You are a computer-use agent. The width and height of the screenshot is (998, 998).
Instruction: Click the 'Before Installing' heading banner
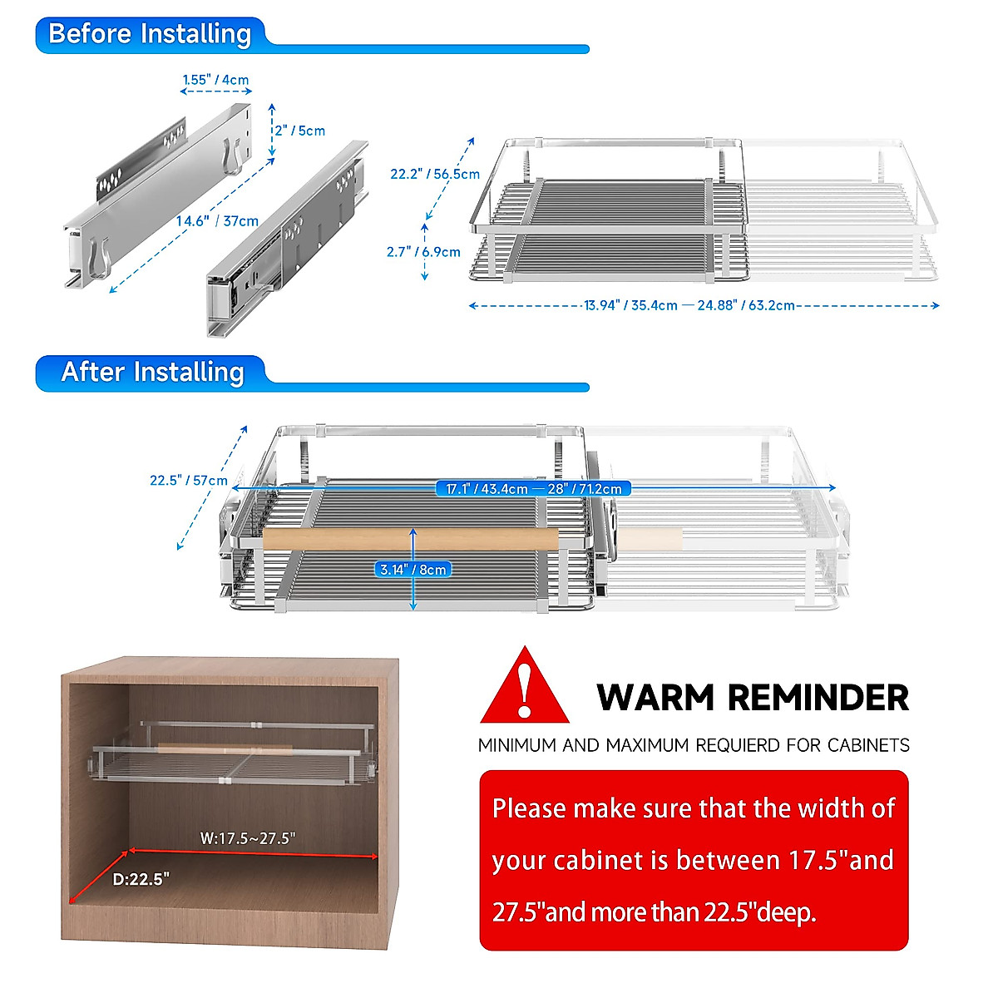pyautogui.click(x=150, y=35)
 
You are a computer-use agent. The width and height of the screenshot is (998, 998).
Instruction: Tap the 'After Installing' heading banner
pyautogui.click(x=152, y=373)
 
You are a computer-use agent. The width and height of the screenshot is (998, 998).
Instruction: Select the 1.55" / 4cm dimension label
pyautogui.click(x=215, y=80)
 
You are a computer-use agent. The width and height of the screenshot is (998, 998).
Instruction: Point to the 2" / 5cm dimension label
pyautogui.click(x=300, y=131)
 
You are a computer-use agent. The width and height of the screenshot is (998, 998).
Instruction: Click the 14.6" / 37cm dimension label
pyautogui.click(x=217, y=221)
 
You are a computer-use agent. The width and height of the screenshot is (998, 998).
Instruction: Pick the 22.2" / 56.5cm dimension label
pyautogui.click(x=435, y=174)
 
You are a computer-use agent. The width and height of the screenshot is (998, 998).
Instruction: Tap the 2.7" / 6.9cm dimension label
pyautogui.click(x=423, y=252)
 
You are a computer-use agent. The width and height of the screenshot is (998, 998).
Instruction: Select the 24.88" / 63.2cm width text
pyautogui.click(x=746, y=305)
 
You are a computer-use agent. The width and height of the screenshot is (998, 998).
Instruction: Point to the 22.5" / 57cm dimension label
pyautogui.click(x=189, y=480)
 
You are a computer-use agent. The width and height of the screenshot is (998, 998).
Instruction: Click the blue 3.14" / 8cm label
pyautogui.click(x=413, y=570)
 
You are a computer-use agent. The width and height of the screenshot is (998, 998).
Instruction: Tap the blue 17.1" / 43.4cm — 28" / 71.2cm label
pyautogui.click(x=533, y=489)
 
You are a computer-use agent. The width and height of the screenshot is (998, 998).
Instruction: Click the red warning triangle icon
pyautogui.click(x=524, y=689)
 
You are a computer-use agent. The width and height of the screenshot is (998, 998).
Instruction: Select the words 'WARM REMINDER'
pyautogui.click(x=753, y=698)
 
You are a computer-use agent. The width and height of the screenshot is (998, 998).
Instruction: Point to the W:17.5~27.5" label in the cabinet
pyautogui.click(x=248, y=838)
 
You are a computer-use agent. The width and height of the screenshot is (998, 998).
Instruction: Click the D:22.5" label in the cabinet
pyautogui.click(x=141, y=879)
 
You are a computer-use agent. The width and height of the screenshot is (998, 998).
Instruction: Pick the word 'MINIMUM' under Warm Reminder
pyautogui.click(x=517, y=745)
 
